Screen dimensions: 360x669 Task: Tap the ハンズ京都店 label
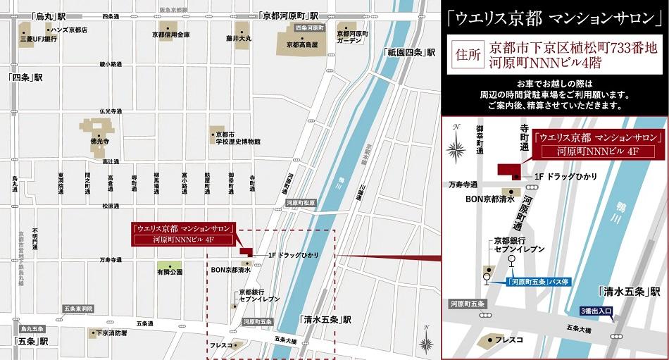coord(68,30)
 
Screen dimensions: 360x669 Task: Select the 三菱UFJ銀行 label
coord(38,39)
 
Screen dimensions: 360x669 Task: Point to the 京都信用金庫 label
coord(170,34)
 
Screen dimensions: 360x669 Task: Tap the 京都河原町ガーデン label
coord(353,37)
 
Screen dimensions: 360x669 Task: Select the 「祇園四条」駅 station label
coord(408,52)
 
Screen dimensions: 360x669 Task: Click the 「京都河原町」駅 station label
coord(289,15)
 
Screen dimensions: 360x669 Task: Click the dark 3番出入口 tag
coord(596,310)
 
